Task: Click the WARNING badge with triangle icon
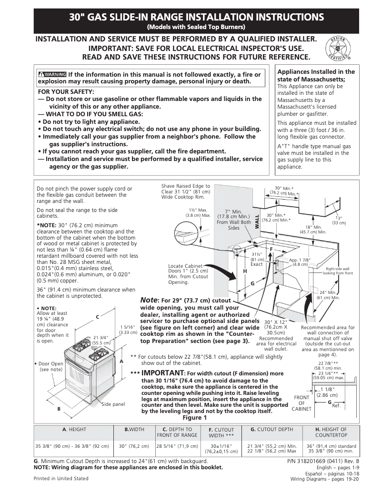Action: tap(52, 74)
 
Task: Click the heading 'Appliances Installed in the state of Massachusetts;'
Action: tap(316, 75)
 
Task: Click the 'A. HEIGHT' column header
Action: tap(74, 429)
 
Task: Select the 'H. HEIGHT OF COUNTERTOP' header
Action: tap(331, 432)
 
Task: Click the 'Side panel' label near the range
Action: tap(113, 404)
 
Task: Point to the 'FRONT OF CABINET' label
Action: tap(302, 403)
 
